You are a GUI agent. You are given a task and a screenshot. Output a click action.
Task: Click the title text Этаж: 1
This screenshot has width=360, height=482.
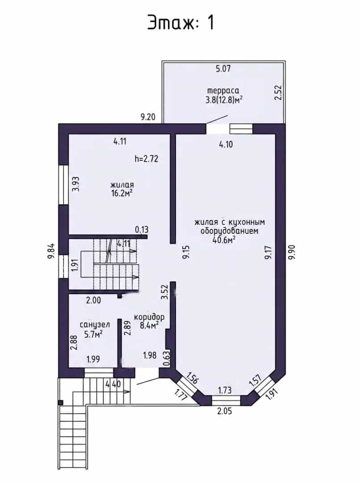[180, 22]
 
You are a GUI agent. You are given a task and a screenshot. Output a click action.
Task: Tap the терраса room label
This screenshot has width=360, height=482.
[223, 91]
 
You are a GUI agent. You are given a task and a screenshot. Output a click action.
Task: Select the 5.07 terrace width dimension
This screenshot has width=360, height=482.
[223, 69]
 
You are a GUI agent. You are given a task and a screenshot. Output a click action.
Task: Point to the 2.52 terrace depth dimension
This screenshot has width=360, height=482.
[278, 92]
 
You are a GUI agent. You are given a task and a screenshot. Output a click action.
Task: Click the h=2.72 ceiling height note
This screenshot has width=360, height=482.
[147, 159]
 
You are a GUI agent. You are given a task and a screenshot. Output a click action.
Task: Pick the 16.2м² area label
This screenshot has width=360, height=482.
[122, 193]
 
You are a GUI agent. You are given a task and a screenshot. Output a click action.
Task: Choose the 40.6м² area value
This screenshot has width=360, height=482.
[224, 240]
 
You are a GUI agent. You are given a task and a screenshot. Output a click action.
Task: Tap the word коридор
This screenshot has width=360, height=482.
[149, 317]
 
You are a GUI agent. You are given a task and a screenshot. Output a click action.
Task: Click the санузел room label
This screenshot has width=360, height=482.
[95, 324]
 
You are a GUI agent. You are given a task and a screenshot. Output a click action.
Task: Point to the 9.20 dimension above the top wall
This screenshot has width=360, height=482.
[148, 117]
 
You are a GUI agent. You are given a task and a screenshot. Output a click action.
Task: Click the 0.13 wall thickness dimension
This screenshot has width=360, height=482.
[142, 229]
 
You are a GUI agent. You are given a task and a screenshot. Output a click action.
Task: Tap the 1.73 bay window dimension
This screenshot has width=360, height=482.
[225, 391]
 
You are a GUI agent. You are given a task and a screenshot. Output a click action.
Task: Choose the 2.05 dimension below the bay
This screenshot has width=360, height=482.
[225, 411]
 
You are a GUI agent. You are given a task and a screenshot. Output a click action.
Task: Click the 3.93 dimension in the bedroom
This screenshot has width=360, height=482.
[75, 184]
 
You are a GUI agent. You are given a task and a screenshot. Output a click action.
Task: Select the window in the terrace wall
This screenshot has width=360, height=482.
[241, 129]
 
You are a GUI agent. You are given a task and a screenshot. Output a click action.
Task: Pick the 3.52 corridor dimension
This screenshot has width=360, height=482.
[165, 292]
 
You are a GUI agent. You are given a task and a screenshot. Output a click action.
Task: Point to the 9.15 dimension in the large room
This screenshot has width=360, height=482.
[186, 252]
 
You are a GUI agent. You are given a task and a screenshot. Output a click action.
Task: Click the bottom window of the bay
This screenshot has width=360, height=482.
[226, 400]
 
